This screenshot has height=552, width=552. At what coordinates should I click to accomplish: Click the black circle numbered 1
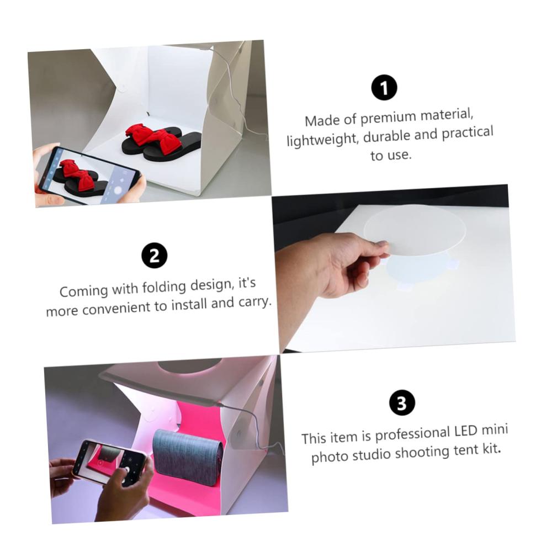(x=384, y=88)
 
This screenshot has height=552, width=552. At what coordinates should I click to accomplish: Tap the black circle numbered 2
(x=154, y=255)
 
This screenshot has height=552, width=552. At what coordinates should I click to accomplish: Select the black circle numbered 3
(x=402, y=403)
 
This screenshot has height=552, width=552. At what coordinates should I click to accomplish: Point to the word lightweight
(x=322, y=140)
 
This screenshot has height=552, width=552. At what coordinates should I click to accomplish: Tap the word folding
(x=164, y=287)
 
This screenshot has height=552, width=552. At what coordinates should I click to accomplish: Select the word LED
(x=465, y=431)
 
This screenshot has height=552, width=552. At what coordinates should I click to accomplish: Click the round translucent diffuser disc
(x=415, y=230)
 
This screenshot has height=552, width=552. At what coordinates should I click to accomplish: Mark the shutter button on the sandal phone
(x=118, y=190)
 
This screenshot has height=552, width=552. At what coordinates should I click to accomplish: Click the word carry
(x=254, y=302)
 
